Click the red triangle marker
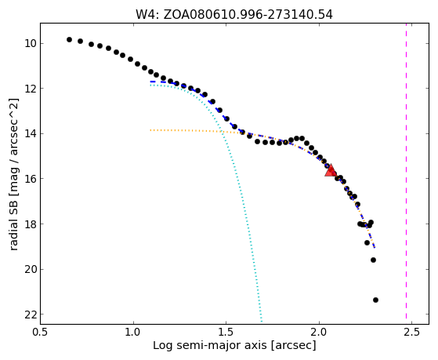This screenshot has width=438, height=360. pyautogui.click(x=331, y=171)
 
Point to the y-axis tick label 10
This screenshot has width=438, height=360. pyautogui.click(x=31, y=44)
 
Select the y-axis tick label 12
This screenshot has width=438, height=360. pyautogui.click(x=31, y=89)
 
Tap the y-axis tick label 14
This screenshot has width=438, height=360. pyautogui.click(x=31, y=133)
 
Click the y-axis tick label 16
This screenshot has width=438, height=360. pyautogui.click(x=31, y=179)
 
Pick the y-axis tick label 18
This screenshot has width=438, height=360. pyautogui.click(x=31, y=224)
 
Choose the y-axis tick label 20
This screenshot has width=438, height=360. pyautogui.click(x=31, y=269)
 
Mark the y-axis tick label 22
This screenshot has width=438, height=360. pyautogui.click(x=31, y=315)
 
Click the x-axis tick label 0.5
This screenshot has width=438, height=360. pyautogui.click(x=41, y=333)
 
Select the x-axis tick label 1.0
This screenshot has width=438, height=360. pyautogui.click(x=133, y=333)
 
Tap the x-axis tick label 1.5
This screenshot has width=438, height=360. pyautogui.click(x=226, y=333)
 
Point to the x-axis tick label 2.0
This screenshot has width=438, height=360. pyautogui.click(x=319, y=333)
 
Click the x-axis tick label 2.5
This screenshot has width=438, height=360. pyautogui.click(x=411, y=333)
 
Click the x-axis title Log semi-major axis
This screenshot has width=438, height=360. pyautogui.click(x=210, y=346)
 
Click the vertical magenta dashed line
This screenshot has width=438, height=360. pyautogui.click(x=406, y=171)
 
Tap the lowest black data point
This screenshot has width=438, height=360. pyautogui.click(x=375, y=300)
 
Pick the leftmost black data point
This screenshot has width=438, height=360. pyautogui.click(x=69, y=40)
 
